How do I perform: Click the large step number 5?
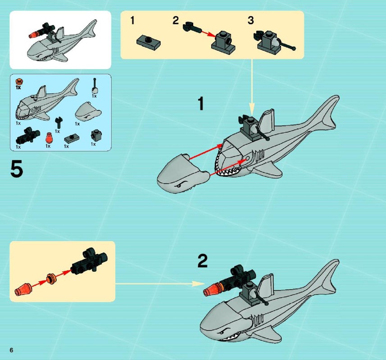tap(17, 168)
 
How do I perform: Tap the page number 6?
tap(11, 350)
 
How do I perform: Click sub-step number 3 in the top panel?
tap(250, 20)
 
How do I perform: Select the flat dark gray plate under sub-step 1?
tap(149, 41)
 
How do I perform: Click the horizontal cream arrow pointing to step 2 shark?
tap(160, 284)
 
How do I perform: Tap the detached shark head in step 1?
tap(182, 173)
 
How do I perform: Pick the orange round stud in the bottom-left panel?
tap(51, 279)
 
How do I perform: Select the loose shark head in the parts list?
tap(88, 112)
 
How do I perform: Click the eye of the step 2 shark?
tap(223, 333)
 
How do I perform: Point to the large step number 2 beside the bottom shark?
tap(203, 261)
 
